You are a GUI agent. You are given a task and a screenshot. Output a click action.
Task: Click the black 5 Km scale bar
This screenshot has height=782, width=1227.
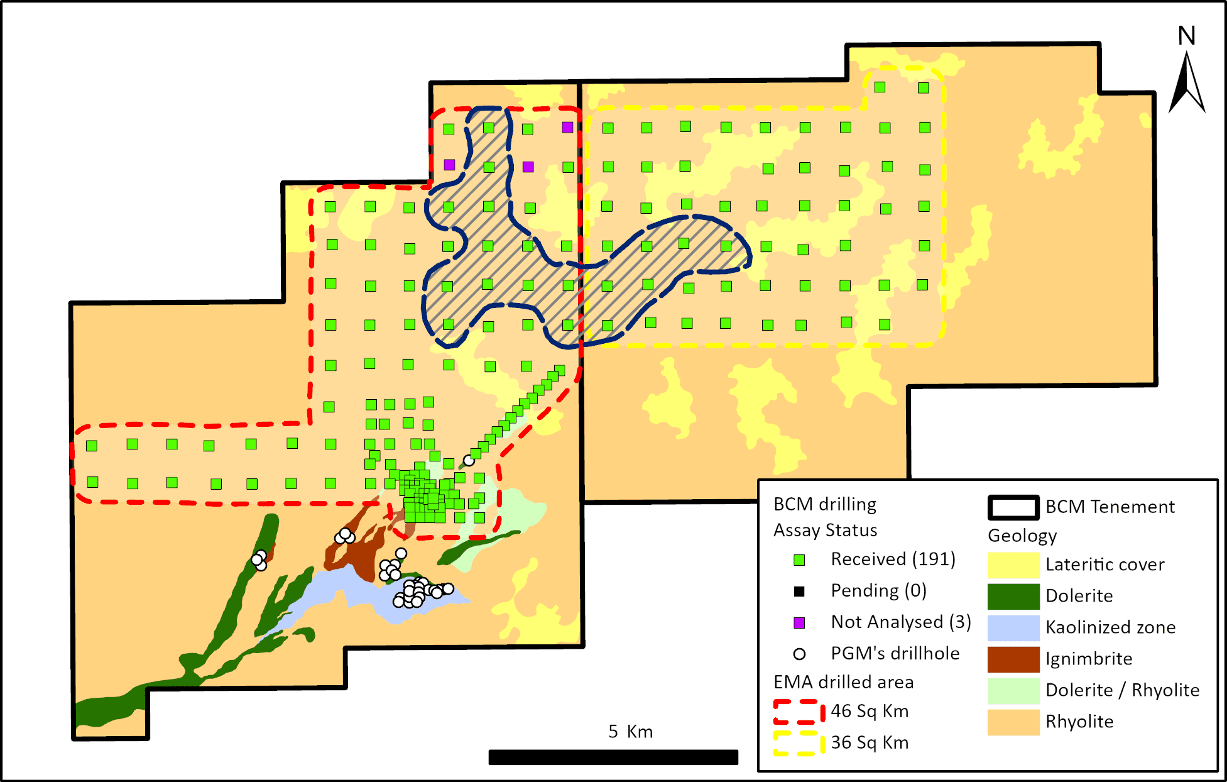613,757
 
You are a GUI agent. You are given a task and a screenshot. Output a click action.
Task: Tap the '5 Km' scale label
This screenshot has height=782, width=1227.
630,731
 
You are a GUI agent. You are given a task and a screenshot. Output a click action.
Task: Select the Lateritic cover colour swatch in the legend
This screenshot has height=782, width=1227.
1013,564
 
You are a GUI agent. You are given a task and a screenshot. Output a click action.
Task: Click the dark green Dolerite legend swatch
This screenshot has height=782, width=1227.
1013,596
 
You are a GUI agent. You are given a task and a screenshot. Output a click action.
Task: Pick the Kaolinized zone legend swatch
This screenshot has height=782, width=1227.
1013,627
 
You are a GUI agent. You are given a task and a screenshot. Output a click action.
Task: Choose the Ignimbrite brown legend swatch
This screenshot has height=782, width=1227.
1013,659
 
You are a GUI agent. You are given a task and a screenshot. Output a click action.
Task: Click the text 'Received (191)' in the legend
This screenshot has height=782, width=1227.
893,559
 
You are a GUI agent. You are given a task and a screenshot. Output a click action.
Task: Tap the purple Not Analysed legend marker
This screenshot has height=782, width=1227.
799,622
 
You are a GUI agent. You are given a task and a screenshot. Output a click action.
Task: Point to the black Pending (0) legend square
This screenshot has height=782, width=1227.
799,591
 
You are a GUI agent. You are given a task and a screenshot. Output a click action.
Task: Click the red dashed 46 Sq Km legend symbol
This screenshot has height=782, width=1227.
799,712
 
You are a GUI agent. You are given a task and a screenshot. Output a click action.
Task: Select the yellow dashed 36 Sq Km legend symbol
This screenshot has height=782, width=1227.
799,743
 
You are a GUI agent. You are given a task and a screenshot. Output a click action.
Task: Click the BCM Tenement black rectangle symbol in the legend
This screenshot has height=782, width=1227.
1013,507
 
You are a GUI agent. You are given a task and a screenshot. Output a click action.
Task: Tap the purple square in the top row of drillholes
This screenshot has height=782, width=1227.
567,127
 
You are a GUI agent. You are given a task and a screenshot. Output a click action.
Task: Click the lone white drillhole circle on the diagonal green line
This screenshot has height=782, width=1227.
469,461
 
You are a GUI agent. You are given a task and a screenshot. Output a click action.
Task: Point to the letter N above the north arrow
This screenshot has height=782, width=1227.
1186,36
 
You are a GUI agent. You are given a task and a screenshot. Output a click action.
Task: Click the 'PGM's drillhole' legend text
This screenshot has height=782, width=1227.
895,653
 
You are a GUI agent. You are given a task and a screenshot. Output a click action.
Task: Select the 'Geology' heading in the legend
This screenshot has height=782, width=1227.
1022,536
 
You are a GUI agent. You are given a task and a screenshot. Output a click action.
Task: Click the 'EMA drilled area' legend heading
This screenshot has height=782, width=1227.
843,682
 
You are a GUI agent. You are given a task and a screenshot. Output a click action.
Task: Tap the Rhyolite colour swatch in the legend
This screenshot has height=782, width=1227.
1013,722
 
